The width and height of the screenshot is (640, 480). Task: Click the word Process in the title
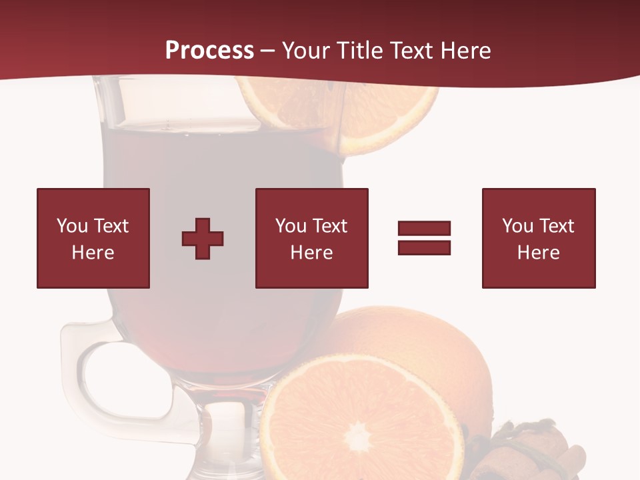[209, 51]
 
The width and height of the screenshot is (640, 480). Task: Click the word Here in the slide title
[465, 51]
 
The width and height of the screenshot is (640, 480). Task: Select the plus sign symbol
[203, 239]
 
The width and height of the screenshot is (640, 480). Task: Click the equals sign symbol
[424, 238]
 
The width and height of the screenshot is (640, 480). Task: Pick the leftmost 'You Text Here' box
[93, 238]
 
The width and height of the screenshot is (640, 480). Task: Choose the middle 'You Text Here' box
[312, 238]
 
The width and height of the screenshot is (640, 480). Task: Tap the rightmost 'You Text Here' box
[539, 238]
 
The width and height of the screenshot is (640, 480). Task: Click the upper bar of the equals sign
[424, 229]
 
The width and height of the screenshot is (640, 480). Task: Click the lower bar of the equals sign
[424, 247]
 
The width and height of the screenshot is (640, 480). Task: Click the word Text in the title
[411, 51]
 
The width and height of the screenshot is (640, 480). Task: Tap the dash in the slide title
[268, 51]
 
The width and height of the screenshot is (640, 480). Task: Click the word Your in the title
[306, 51]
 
